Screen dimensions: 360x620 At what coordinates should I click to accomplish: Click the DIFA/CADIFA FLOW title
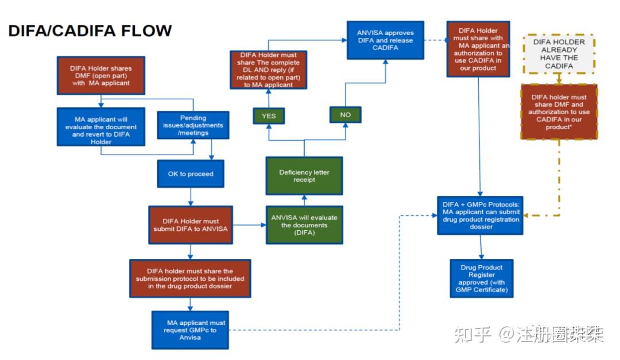pos(90,30)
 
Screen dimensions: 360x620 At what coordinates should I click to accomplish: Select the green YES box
pos(268,115)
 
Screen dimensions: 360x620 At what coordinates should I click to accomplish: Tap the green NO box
pos(345,115)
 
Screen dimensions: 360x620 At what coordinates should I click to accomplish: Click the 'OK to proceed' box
pos(191,174)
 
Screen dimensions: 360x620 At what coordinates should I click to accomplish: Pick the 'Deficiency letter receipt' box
pos(304,176)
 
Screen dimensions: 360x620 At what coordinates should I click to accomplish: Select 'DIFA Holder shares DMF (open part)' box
pos(100,75)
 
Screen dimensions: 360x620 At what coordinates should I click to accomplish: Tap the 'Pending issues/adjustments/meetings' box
pos(193,125)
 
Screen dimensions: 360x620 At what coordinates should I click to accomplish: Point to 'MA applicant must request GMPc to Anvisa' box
pos(190,330)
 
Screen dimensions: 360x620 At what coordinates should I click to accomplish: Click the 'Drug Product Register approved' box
pos(481,278)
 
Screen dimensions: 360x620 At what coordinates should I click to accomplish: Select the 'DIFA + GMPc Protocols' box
pos(480,215)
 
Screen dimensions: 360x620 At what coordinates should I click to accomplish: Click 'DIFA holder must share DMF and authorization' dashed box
pos(559,111)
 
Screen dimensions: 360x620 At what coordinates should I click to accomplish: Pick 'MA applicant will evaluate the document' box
pos(100,126)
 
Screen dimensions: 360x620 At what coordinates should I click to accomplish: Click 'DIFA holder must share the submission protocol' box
pos(190,278)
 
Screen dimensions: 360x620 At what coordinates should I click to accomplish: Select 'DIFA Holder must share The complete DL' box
pos(268,69)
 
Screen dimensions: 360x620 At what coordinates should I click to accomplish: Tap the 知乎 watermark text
pos(472,334)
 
